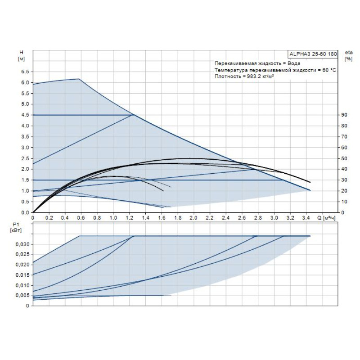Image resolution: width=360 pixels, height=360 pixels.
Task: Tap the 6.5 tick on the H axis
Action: click(x=25, y=72)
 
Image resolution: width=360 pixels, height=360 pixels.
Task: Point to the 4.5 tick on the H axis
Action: click(x=25, y=115)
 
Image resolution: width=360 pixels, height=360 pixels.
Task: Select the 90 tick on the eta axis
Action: click(x=344, y=115)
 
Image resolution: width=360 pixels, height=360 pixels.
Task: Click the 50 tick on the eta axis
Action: click(x=344, y=158)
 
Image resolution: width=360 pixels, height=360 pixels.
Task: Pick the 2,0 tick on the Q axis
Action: click(x=193, y=218)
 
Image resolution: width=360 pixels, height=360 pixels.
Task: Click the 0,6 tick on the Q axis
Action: click(x=81, y=218)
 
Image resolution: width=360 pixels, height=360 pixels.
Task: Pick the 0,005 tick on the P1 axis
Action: click(x=23, y=296)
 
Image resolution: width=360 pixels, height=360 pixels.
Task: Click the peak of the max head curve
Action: click(x=79, y=79)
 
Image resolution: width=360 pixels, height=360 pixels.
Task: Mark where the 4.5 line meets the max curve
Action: click(x=134, y=115)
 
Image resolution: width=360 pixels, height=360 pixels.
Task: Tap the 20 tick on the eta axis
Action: click(x=344, y=191)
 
